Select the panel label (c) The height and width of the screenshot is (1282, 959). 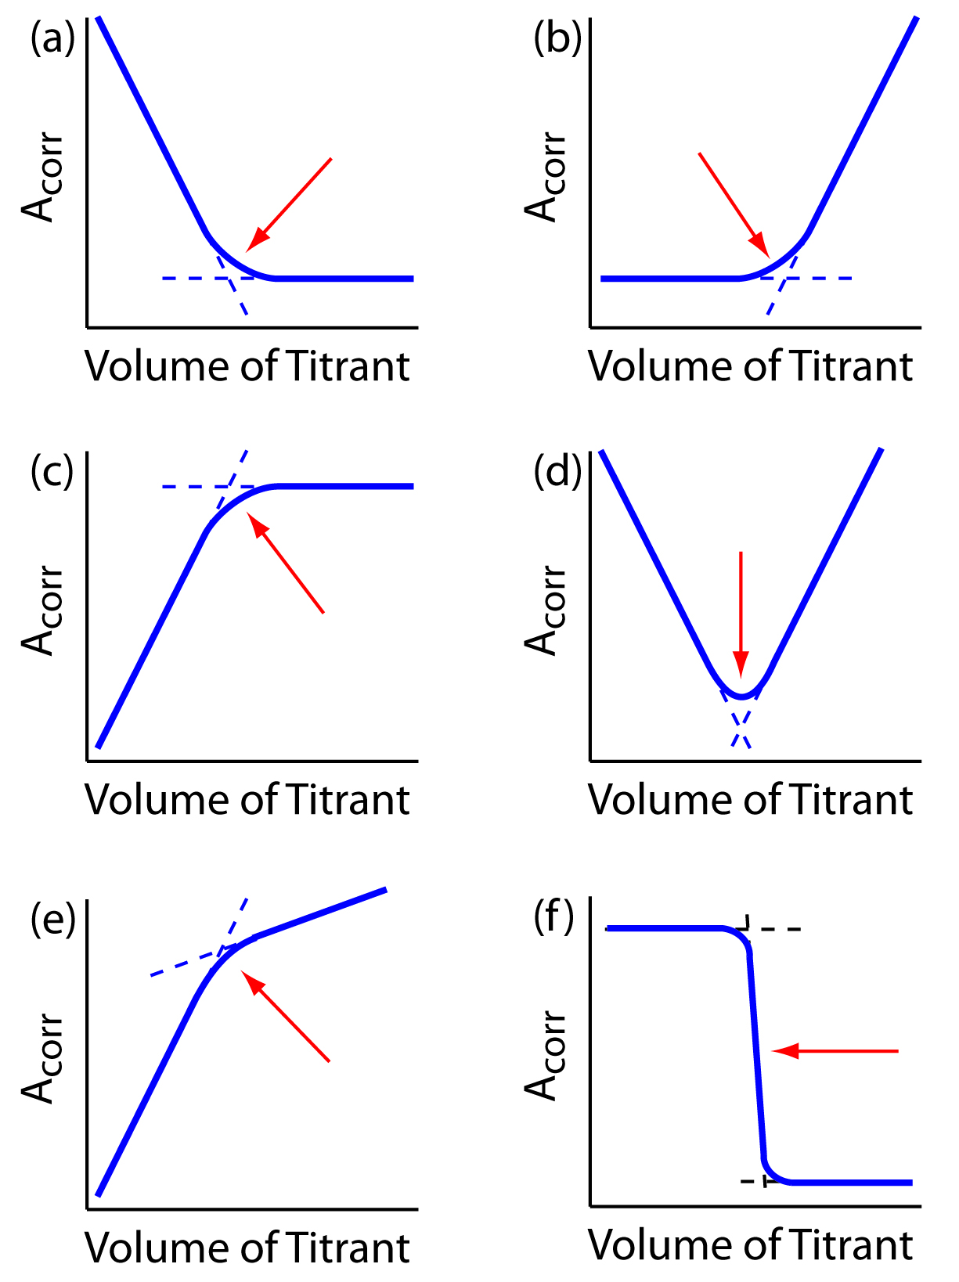(x=52, y=472)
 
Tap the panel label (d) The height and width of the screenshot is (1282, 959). (x=557, y=472)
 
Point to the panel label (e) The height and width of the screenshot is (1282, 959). (x=52, y=920)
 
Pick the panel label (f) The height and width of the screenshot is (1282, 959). (x=554, y=916)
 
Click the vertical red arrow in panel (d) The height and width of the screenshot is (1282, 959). (x=741, y=610)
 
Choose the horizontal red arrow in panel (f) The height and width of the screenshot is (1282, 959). (x=835, y=1050)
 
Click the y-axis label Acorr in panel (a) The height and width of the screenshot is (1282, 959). (x=41, y=177)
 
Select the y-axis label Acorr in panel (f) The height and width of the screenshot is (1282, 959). (x=544, y=1055)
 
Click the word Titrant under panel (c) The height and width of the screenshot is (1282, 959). (x=348, y=800)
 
